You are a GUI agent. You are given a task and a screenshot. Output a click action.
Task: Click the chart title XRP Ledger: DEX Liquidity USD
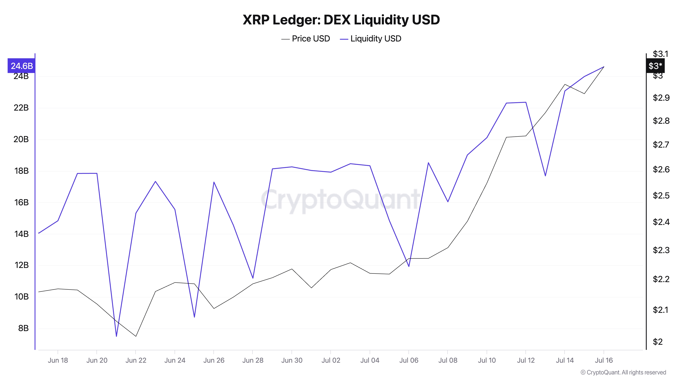tap(341, 20)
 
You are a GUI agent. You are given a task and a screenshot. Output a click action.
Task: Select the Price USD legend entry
tap(305, 39)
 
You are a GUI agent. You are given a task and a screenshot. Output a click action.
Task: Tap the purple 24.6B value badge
tap(22, 66)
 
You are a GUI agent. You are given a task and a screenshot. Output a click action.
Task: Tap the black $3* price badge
tap(655, 66)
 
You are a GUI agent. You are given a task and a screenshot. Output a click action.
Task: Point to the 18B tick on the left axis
tap(21, 171)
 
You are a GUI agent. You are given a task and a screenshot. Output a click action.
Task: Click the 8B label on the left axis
tap(23, 328)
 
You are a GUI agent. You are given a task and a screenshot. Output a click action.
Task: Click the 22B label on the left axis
tap(21, 108)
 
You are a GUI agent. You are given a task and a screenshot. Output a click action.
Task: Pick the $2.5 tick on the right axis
tap(661, 196)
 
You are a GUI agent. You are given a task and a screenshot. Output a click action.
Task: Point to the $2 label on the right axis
tap(658, 342)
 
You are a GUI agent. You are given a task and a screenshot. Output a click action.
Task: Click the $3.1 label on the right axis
tap(661, 54)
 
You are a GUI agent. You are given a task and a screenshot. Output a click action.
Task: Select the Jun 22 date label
tap(136, 360)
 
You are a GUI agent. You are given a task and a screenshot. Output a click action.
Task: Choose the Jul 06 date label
tap(409, 360)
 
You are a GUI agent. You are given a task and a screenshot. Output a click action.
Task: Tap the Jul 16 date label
tap(604, 360)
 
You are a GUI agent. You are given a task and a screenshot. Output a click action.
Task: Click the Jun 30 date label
tap(292, 360)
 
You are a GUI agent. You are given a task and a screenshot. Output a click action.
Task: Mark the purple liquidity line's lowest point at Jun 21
tap(116, 336)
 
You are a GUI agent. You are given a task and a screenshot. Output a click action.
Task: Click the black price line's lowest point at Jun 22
tap(136, 336)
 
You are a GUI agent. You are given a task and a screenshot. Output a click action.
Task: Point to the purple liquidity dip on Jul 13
tap(545, 176)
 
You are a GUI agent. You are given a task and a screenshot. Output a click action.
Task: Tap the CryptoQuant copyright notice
tap(623, 372)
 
